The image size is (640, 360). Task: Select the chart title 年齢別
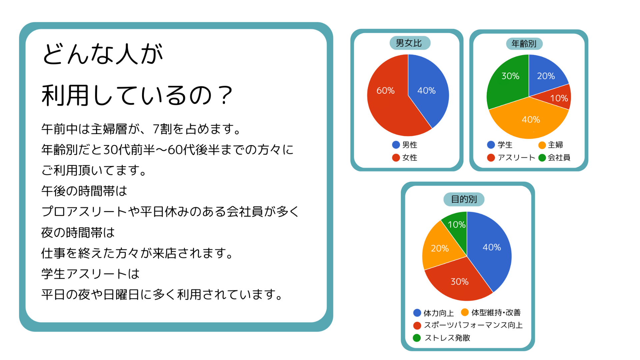(x=524, y=44)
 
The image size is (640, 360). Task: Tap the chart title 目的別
(x=464, y=199)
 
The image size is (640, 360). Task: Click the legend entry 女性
(x=405, y=158)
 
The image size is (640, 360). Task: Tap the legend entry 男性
(x=405, y=145)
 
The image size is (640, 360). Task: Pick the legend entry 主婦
(x=551, y=145)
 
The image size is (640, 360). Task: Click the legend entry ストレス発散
(x=442, y=338)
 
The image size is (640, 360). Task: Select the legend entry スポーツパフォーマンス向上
(x=468, y=325)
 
